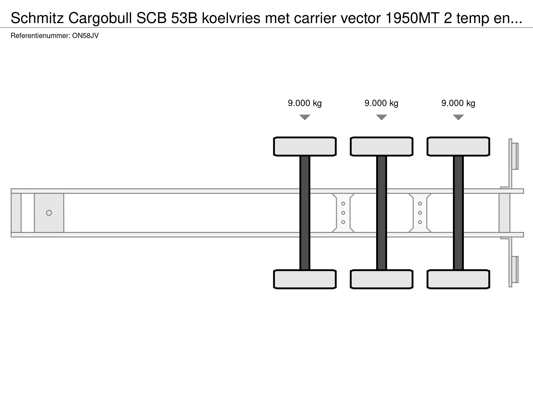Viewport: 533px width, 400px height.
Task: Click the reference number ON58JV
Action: (85, 36)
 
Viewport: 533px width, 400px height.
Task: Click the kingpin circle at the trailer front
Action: (49, 213)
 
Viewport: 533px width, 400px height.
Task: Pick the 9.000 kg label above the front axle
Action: (305, 103)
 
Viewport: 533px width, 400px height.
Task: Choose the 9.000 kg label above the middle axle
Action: (381, 103)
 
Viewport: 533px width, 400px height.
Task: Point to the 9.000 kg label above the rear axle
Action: (458, 103)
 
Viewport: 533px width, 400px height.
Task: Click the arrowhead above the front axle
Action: (305, 117)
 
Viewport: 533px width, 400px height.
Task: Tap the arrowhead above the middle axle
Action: (382, 117)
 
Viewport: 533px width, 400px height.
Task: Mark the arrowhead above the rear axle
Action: (458, 117)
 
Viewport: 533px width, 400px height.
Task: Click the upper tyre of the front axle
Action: (305, 146)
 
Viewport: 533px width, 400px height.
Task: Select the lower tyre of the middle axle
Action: (382, 279)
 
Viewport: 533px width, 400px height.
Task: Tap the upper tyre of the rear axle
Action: (458, 146)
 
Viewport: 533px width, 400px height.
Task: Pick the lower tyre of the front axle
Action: (305, 279)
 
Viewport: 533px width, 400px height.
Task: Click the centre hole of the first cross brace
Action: (343, 213)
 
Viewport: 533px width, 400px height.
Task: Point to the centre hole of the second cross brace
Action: (420, 213)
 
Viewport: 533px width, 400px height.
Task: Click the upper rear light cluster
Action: (515, 156)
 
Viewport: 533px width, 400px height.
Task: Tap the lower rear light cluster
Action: (515, 270)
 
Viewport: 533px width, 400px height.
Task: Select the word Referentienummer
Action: (40, 36)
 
